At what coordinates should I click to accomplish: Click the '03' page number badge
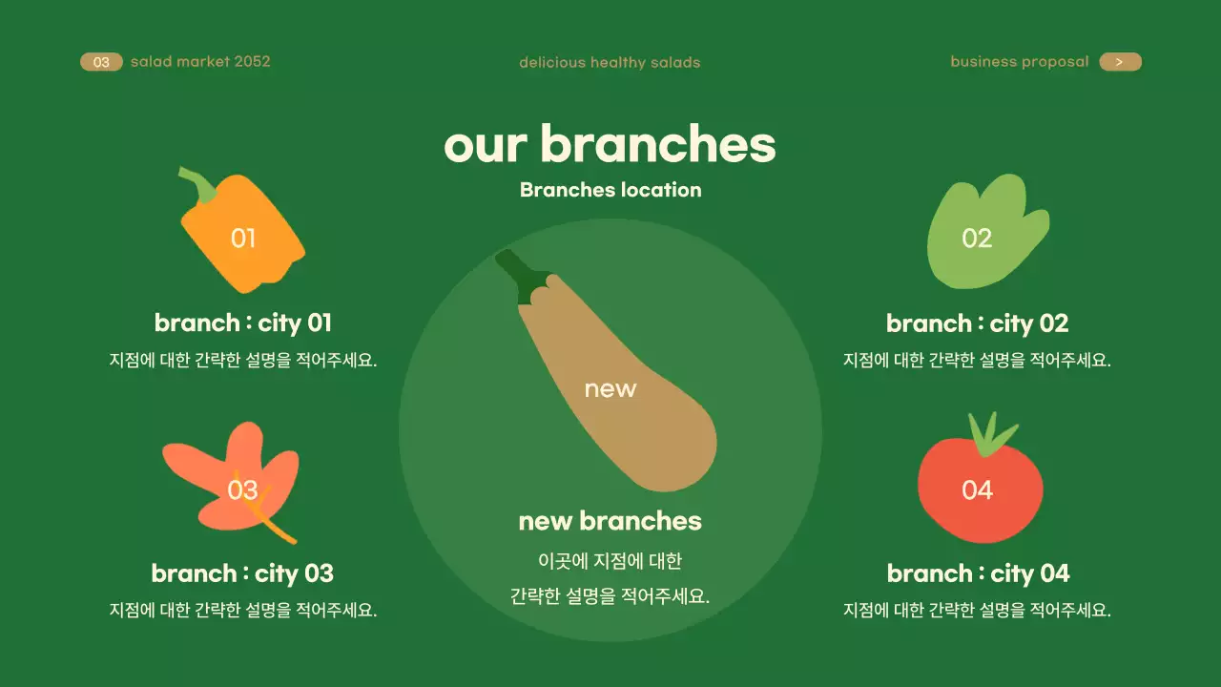coord(101,62)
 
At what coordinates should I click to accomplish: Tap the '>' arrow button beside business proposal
coord(1120,62)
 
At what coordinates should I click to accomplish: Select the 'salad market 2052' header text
coord(200,62)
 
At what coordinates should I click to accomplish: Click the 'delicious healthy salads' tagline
coord(610,63)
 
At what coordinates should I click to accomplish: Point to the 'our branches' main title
coord(610,144)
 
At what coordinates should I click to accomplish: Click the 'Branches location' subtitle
coord(610,190)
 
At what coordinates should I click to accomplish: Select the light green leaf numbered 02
coord(983,234)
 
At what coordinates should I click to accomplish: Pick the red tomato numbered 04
coord(980,491)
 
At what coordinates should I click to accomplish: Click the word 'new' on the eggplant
coord(610,389)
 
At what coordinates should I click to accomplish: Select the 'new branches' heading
coord(610,521)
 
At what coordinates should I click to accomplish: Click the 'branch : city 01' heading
coord(243,323)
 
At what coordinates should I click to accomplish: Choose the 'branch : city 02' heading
coord(977,324)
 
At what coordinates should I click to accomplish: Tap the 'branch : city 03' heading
coord(242,573)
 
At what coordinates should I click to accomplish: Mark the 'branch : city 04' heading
coord(978,574)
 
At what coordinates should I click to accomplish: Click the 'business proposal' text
coord(1019,62)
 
